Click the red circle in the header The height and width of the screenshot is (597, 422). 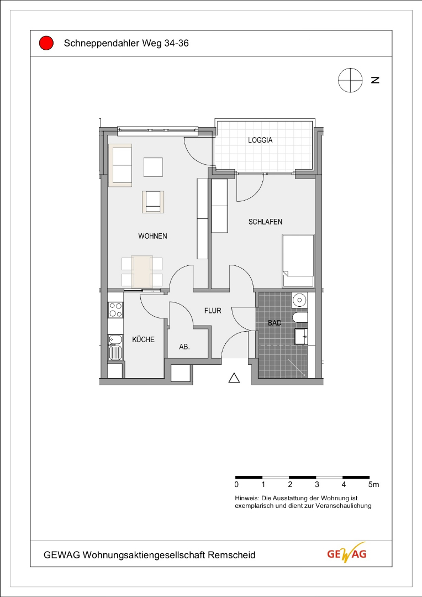pos(46,43)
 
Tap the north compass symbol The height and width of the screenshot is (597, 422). pos(350,80)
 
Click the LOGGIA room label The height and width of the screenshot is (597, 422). pos(260,140)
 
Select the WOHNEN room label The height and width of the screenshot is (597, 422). pos(152,236)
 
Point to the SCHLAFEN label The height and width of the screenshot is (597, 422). pos(265,222)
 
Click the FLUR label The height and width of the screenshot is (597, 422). pos(213,311)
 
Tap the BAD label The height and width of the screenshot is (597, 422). pos(275,323)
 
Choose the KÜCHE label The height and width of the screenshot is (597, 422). pos(144,339)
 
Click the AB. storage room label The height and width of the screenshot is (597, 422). pos(184,347)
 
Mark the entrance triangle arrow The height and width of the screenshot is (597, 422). pos(234,378)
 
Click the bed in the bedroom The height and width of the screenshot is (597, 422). pos(298,261)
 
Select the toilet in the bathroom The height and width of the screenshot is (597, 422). pos(300,317)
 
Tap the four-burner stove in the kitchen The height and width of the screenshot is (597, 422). pos(115,310)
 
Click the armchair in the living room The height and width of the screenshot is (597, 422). pos(154,202)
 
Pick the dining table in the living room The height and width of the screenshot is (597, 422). pos(142,271)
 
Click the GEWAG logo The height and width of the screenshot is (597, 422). pos(347,553)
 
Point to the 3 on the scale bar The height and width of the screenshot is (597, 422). pos(317,485)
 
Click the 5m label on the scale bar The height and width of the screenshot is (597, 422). pos(374,485)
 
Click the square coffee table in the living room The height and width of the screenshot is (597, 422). pos(154,167)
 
